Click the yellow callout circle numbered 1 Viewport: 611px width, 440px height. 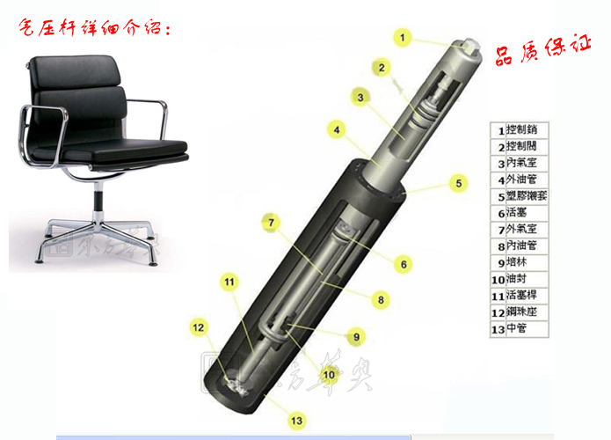point(403,38)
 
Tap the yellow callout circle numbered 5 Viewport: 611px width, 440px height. point(457,183)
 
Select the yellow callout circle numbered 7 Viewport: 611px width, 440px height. point(273,222)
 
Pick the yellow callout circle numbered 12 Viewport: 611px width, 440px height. point(200,328)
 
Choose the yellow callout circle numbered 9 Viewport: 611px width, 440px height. point(356,336)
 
